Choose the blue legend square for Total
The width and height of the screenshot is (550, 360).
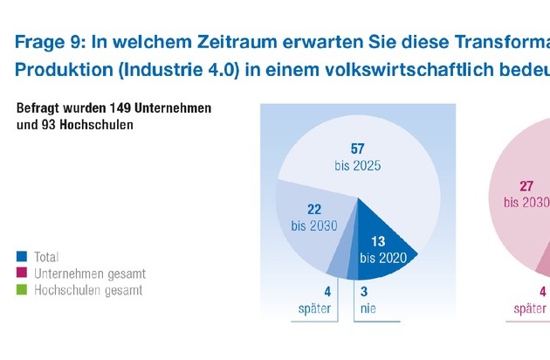coord(22,257)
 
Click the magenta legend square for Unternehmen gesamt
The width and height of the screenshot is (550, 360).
coord(22,273)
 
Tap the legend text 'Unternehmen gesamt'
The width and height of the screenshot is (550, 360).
coord(89,273)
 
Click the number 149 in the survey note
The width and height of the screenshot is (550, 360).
coord(120,109)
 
